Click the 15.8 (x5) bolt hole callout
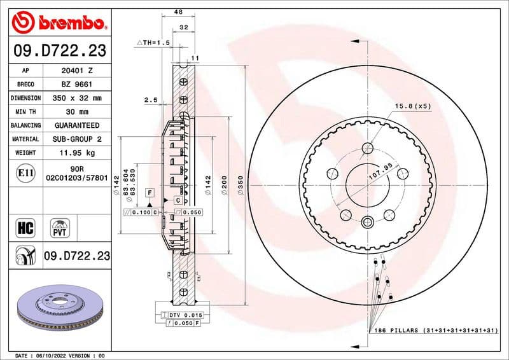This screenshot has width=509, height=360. click(x=412, y=106)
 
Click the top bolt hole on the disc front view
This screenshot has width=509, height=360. click(x=367, y=149)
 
